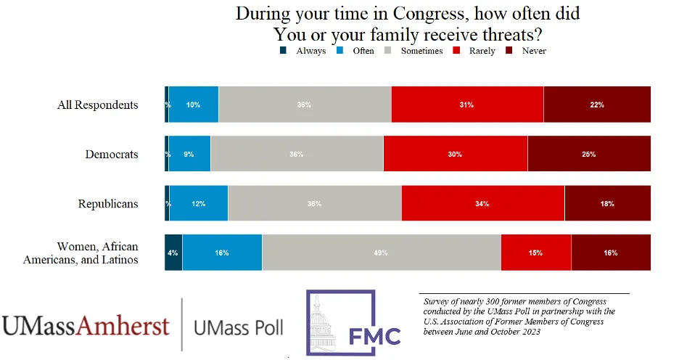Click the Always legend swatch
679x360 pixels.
(284, 51)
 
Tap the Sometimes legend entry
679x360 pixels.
(417, 51)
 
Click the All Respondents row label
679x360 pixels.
(97, 105)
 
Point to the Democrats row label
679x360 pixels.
(112, 154)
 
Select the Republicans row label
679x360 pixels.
(108, 203)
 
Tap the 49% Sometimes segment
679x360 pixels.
(381, 253)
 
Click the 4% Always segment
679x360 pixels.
(173, 253)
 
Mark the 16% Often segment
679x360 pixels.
(222, 253)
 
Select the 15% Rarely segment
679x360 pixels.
(535, 253)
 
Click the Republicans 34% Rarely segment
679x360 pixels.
(482, 203)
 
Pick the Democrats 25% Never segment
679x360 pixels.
(588, 154)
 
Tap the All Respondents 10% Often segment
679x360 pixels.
(193, 105)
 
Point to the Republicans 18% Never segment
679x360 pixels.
(607, 203)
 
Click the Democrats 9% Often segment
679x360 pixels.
(189, 154)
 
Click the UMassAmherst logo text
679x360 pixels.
(86, 326)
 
